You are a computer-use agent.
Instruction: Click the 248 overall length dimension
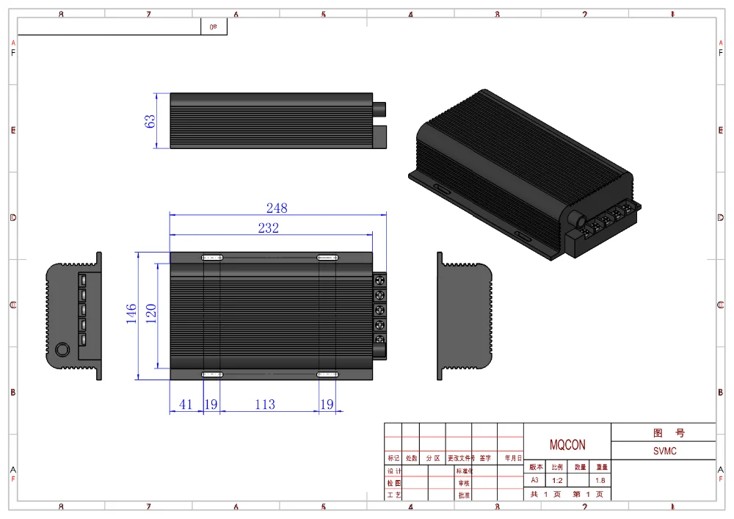click(x=276, y=208)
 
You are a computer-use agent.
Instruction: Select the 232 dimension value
click(x=268, y=228)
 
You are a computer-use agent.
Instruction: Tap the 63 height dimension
click(x=150, y=121)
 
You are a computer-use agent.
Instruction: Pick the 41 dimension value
click(x=186, y=404)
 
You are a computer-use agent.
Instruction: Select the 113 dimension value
click(x=264, y=404)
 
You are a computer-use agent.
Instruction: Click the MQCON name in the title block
click(x=567, y=446)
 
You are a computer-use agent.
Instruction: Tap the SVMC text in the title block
click(x=664, y=451)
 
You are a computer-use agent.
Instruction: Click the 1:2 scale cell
click(x=557, y=480)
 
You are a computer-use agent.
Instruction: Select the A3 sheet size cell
click(x=534, y=480)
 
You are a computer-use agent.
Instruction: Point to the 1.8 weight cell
click(x=600, y=480)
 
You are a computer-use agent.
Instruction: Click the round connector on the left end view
click(x=63, y=349)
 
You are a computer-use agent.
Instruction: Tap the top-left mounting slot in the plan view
click(x=212, y=258)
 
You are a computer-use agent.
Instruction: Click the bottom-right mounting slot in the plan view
click(x=327, y=374)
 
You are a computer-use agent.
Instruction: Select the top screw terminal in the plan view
click(x=379, y=280)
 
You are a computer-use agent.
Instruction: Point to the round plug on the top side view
click(x=381, y=107)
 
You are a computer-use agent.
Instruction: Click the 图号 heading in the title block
click(x=663, y=433)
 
